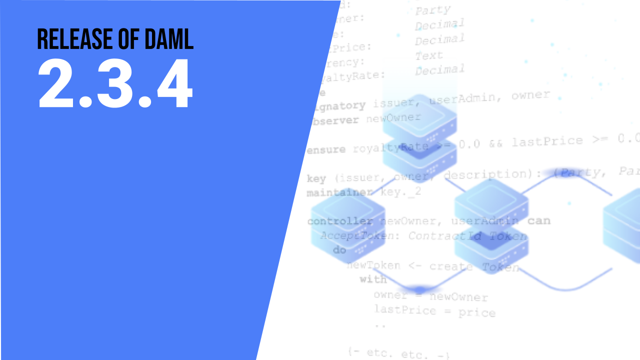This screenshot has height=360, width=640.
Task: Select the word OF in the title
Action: [123, 38]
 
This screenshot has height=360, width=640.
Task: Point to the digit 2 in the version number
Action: [55, 84]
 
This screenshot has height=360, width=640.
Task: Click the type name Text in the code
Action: [428, 55]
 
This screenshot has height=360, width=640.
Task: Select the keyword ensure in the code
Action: [326, 149]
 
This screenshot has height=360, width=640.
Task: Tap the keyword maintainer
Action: [339, 192]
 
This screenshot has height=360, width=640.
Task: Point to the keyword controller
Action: [340, 221]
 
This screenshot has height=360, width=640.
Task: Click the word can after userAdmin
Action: [538, 220]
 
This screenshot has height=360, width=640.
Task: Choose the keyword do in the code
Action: [339, 249]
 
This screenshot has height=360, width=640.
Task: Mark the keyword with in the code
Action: [373, 279]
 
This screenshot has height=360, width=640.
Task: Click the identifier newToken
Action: [373, 265]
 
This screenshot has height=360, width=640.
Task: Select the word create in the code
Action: [451, 266]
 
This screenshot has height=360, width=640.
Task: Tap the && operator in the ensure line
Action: [495, 143]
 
